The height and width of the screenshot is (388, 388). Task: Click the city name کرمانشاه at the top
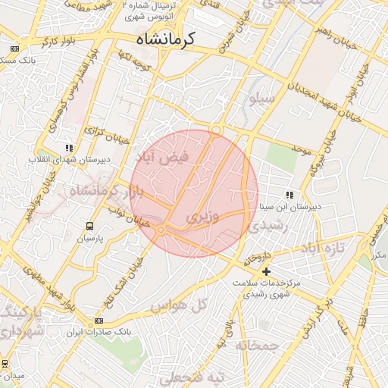pos(165,38)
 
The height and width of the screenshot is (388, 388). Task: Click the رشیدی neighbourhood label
pos(268,225)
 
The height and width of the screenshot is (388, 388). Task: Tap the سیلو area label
pos(265,99)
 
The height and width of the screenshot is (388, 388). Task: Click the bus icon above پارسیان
pos(90,226)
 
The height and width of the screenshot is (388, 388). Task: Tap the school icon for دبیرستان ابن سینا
pos(289,195)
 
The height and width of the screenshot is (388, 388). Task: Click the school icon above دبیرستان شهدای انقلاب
pos(69,149)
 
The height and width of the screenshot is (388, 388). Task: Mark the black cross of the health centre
pos(266,271)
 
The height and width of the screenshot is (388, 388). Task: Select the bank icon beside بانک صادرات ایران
pos(99,321)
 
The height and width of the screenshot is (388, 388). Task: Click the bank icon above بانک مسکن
pos(14,48)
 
